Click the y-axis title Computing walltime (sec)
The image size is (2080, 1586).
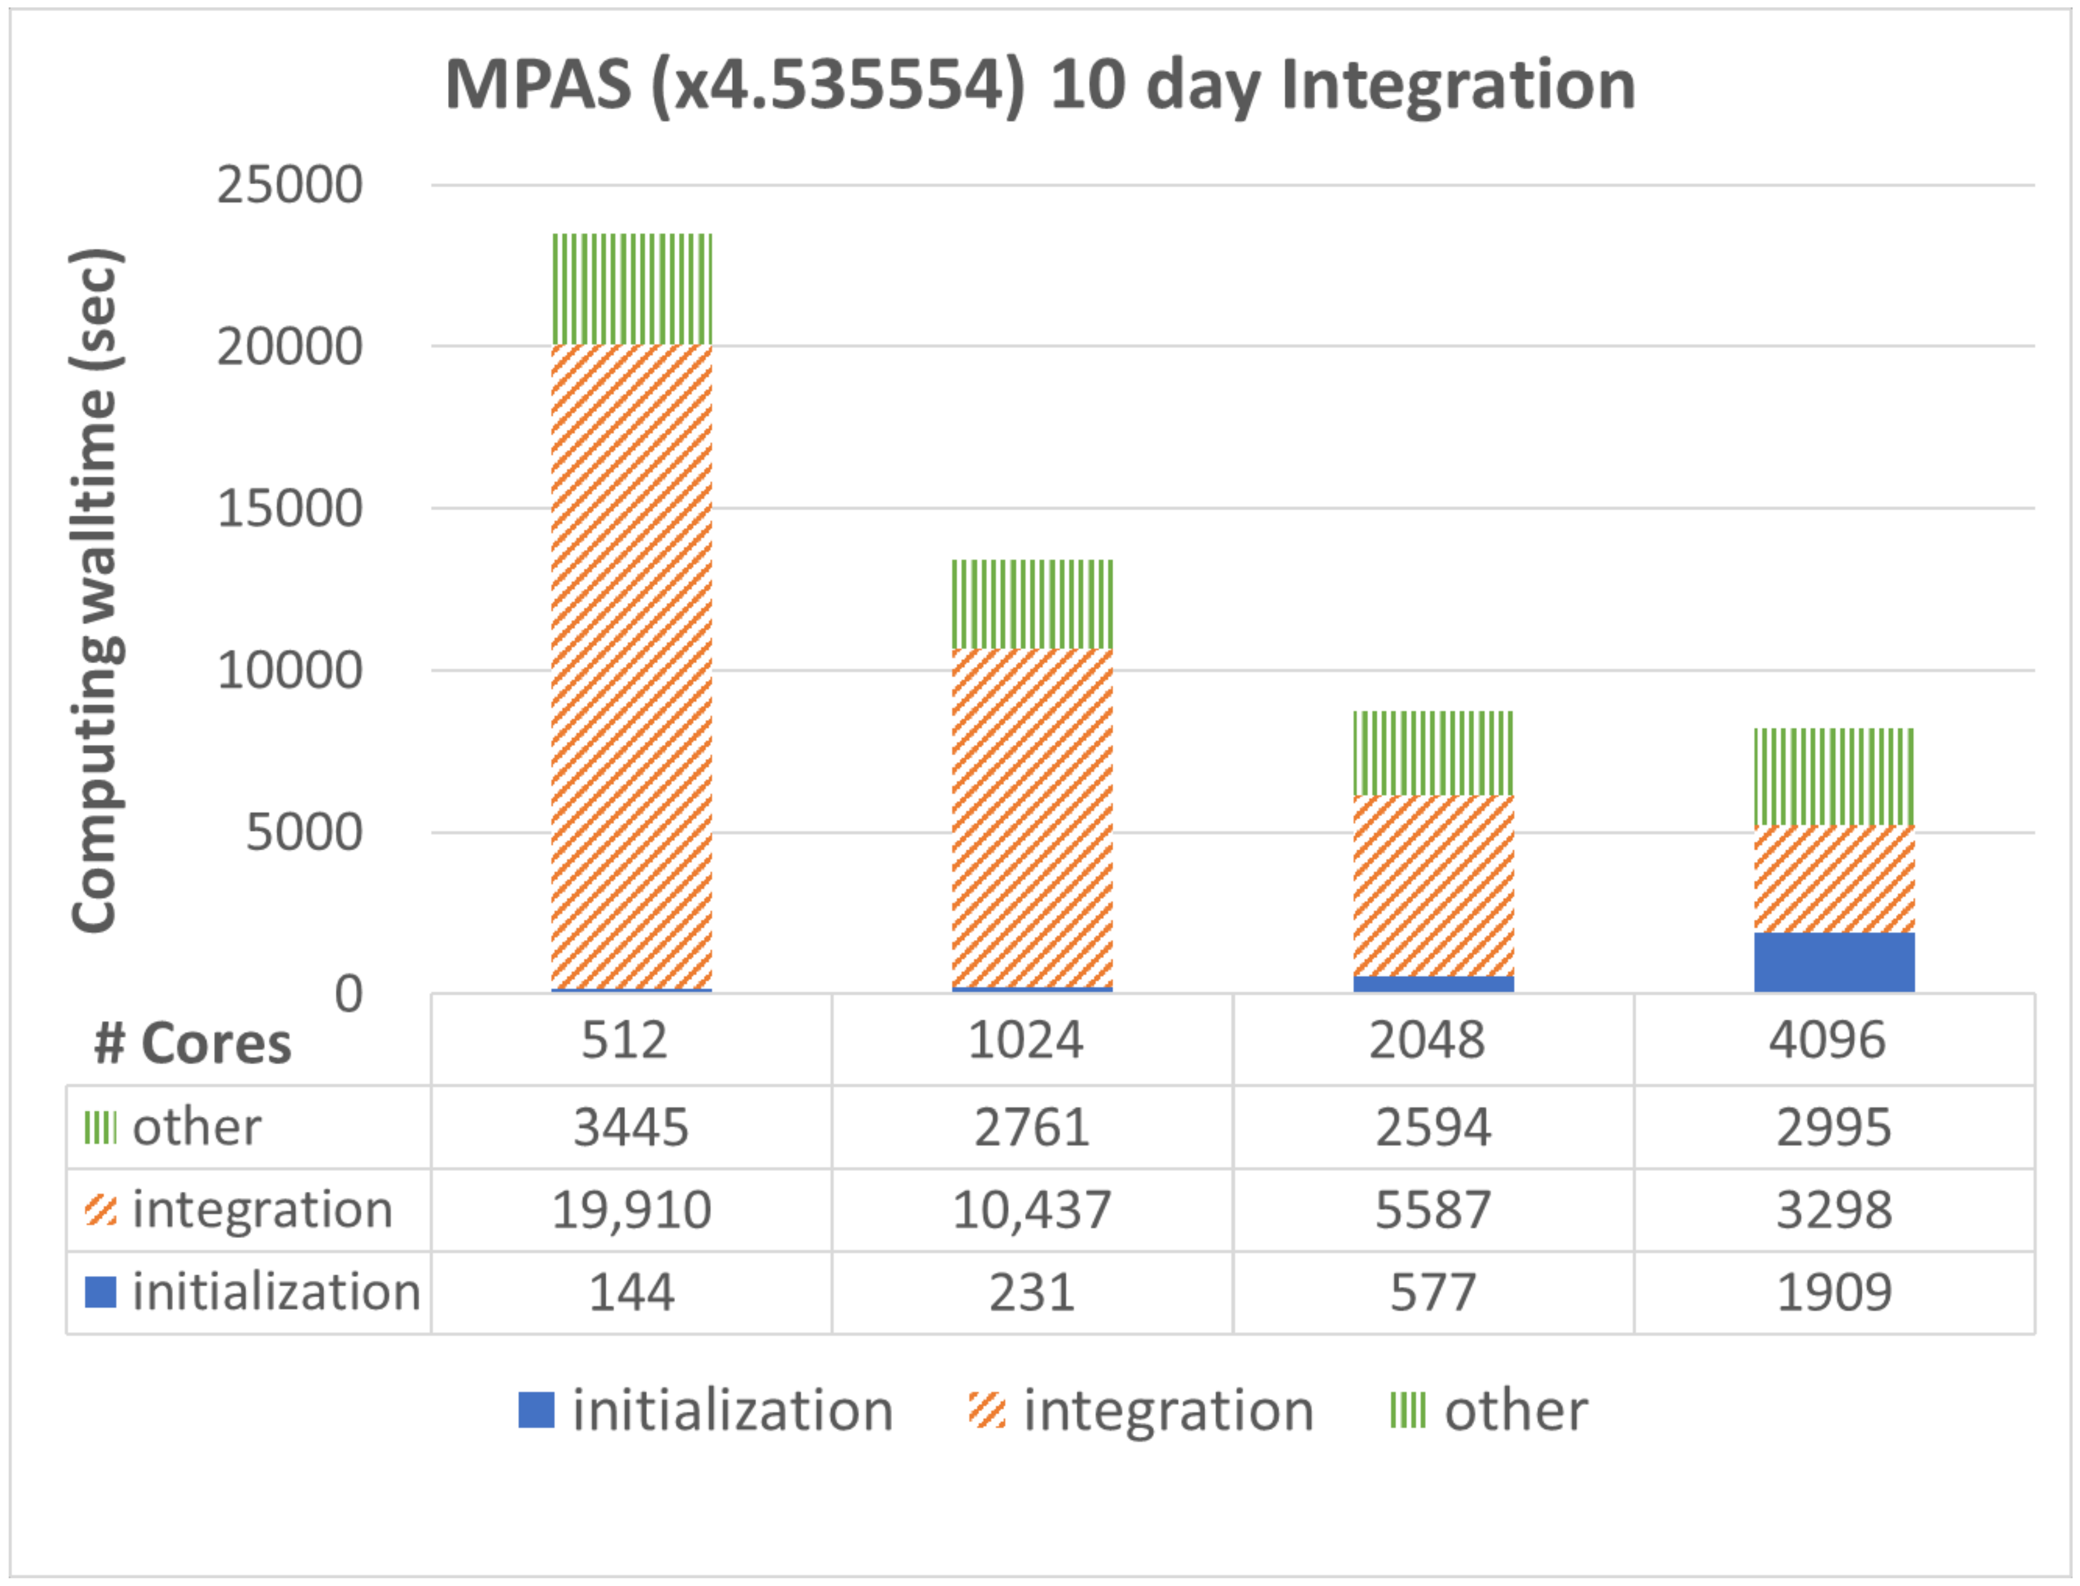(x=96, y=590)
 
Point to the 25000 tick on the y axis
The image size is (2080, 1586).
(x=290, y=185)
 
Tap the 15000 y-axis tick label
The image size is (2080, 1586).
(x=290, y=509)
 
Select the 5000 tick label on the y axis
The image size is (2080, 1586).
(x=304, y=833)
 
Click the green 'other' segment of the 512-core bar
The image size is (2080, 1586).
(x=632, y=289)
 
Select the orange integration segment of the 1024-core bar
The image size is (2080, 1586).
(x=1032, y=817)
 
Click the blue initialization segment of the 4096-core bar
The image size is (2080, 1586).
(x=1834, y=962)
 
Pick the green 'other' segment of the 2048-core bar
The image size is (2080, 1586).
(x=1432, y=753)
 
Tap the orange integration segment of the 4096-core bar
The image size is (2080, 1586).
(x=1834, y=879)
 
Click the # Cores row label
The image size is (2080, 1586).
(x=193, y=1044)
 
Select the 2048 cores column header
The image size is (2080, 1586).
(x=1427, y=1040)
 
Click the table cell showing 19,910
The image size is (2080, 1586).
(x=632, y=1210)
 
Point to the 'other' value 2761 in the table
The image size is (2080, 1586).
(x=1032, y=1127)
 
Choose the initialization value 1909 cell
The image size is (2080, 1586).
(x=1834, y=1293)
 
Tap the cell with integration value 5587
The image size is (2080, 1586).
(x=1432, y=1210)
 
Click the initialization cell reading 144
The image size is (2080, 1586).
(x=632, y=1293)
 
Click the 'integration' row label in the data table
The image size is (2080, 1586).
(x=261, y=1210)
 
